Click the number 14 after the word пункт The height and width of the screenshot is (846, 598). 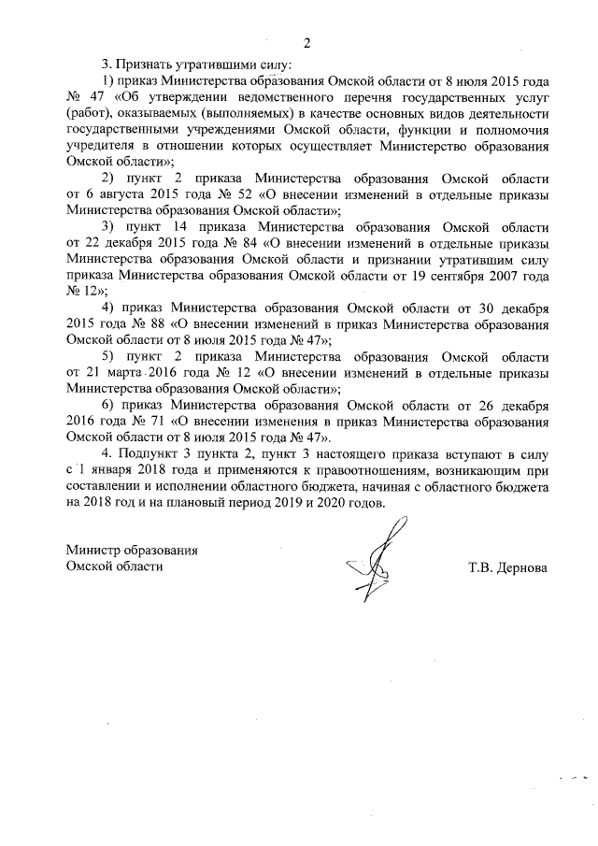coord(180,227)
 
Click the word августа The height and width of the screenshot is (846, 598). coord(115,194)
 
